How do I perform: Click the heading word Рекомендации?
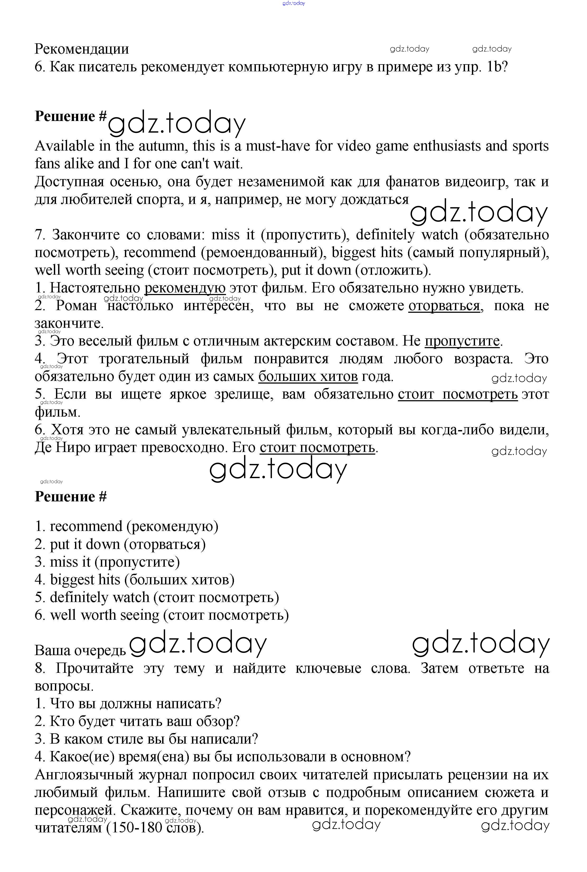82,49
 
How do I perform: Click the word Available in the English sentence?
64,146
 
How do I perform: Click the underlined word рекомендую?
185,288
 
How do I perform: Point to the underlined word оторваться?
444,306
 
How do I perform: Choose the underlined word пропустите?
462,341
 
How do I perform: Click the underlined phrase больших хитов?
308,376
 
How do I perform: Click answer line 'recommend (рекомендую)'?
126,526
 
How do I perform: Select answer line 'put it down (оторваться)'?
120,544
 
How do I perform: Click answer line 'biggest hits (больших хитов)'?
135,580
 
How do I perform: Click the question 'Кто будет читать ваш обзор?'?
137,721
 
